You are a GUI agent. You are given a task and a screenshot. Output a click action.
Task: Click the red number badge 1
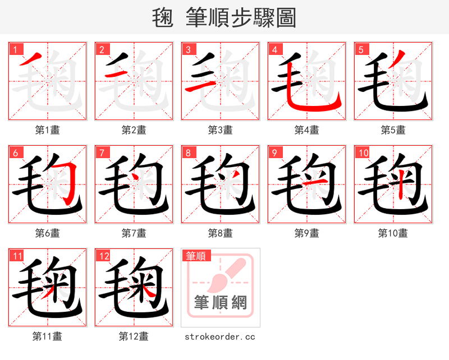(15, 50)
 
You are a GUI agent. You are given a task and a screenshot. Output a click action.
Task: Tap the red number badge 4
(274, 50)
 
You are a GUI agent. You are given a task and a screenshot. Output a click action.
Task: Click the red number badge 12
(103, 256)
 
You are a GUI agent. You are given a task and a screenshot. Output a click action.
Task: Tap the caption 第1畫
(47, 130)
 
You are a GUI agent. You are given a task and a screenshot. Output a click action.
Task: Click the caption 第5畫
(393, 130)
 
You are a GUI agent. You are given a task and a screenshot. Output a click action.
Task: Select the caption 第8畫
(220, 233)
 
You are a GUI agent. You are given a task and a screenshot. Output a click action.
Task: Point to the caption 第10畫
(393, 233)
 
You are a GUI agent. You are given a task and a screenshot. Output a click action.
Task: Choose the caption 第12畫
(134, 336)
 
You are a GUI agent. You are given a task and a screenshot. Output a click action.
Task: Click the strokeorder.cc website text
(220, 336)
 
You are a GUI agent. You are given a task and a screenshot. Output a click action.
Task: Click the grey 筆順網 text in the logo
(221, 303)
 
